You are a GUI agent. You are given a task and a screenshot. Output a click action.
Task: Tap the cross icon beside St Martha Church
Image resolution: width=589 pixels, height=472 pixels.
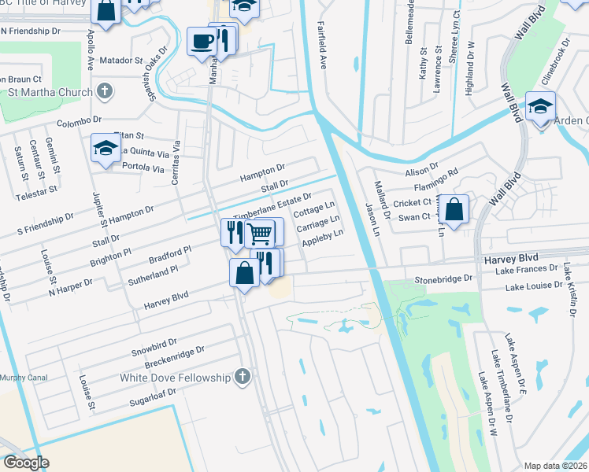104,91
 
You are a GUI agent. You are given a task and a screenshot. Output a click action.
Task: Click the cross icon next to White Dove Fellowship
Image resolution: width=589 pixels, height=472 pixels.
243,377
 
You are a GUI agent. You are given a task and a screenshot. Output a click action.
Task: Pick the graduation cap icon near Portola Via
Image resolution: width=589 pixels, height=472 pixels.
106,149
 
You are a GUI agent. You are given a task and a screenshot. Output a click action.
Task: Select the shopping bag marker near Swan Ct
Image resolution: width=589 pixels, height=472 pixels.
454,208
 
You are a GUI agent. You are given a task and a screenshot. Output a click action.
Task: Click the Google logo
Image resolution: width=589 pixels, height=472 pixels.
26,463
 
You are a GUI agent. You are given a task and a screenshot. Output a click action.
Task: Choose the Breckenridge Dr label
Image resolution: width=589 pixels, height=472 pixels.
174,356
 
